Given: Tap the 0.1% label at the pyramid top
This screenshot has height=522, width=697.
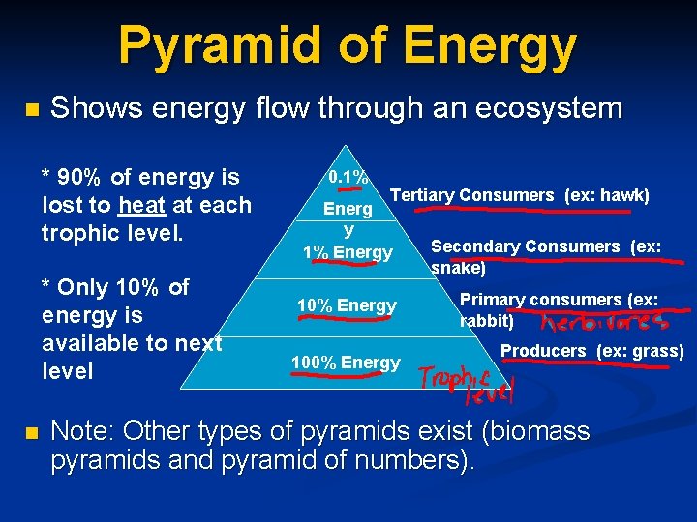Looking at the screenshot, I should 348,178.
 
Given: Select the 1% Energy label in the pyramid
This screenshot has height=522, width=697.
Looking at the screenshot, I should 348,253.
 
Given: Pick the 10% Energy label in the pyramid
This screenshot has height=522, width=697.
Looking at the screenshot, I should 347,305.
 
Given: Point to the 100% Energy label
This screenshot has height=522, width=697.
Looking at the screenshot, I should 346,362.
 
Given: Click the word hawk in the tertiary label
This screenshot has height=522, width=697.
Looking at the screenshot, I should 623,196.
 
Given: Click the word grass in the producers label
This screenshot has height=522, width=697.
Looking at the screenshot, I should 658,351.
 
